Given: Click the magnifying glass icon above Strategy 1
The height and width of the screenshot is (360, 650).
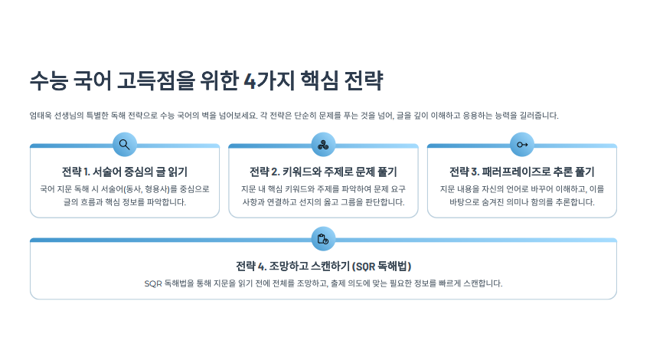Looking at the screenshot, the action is [x=124, y=144].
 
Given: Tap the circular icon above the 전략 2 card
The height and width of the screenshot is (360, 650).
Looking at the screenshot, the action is [x=323, y=144].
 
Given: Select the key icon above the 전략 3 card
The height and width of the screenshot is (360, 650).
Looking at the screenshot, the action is [x=522, y=145].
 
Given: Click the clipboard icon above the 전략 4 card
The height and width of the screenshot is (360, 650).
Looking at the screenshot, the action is [x=323, y=239].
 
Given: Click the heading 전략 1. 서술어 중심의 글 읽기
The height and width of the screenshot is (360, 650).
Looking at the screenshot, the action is [x=125, y=172].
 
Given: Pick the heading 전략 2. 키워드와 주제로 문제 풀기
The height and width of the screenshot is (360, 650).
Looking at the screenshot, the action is [x=323, y=172].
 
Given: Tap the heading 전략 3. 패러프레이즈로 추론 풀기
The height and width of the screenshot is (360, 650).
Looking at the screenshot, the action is [x=522, y=172].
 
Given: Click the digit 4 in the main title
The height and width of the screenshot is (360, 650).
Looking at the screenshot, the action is [x=250, y=80].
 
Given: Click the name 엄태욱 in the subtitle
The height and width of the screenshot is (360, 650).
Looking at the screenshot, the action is [x=41, y=116].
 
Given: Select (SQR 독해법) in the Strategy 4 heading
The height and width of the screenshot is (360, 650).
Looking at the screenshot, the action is [x=381, y=266].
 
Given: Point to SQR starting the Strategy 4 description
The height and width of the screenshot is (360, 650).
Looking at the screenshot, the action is [x=153, y=283].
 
